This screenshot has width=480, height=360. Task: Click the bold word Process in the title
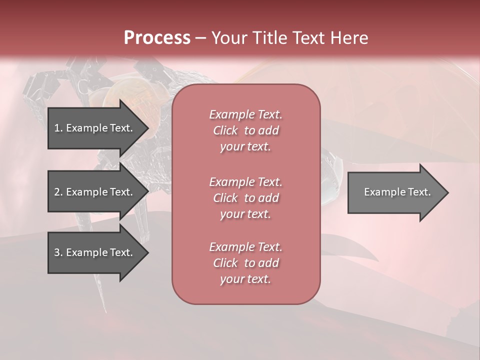(157, 38)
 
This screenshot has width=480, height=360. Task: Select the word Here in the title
(348, 38)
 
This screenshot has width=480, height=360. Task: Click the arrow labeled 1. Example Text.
(95, 128)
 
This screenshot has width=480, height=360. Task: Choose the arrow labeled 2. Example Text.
(95, 192)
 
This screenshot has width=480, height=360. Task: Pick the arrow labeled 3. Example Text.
(95, 252)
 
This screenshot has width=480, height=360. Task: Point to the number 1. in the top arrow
(58, 128)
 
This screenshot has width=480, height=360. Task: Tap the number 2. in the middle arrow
(58, 192)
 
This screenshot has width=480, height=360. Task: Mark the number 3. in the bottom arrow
(58, 252)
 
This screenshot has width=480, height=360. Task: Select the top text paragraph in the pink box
(245, 130)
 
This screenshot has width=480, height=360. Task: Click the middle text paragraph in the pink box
(245, 198)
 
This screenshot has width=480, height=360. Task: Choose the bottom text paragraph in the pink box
(245, 263)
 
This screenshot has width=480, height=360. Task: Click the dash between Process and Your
(200, 38)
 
